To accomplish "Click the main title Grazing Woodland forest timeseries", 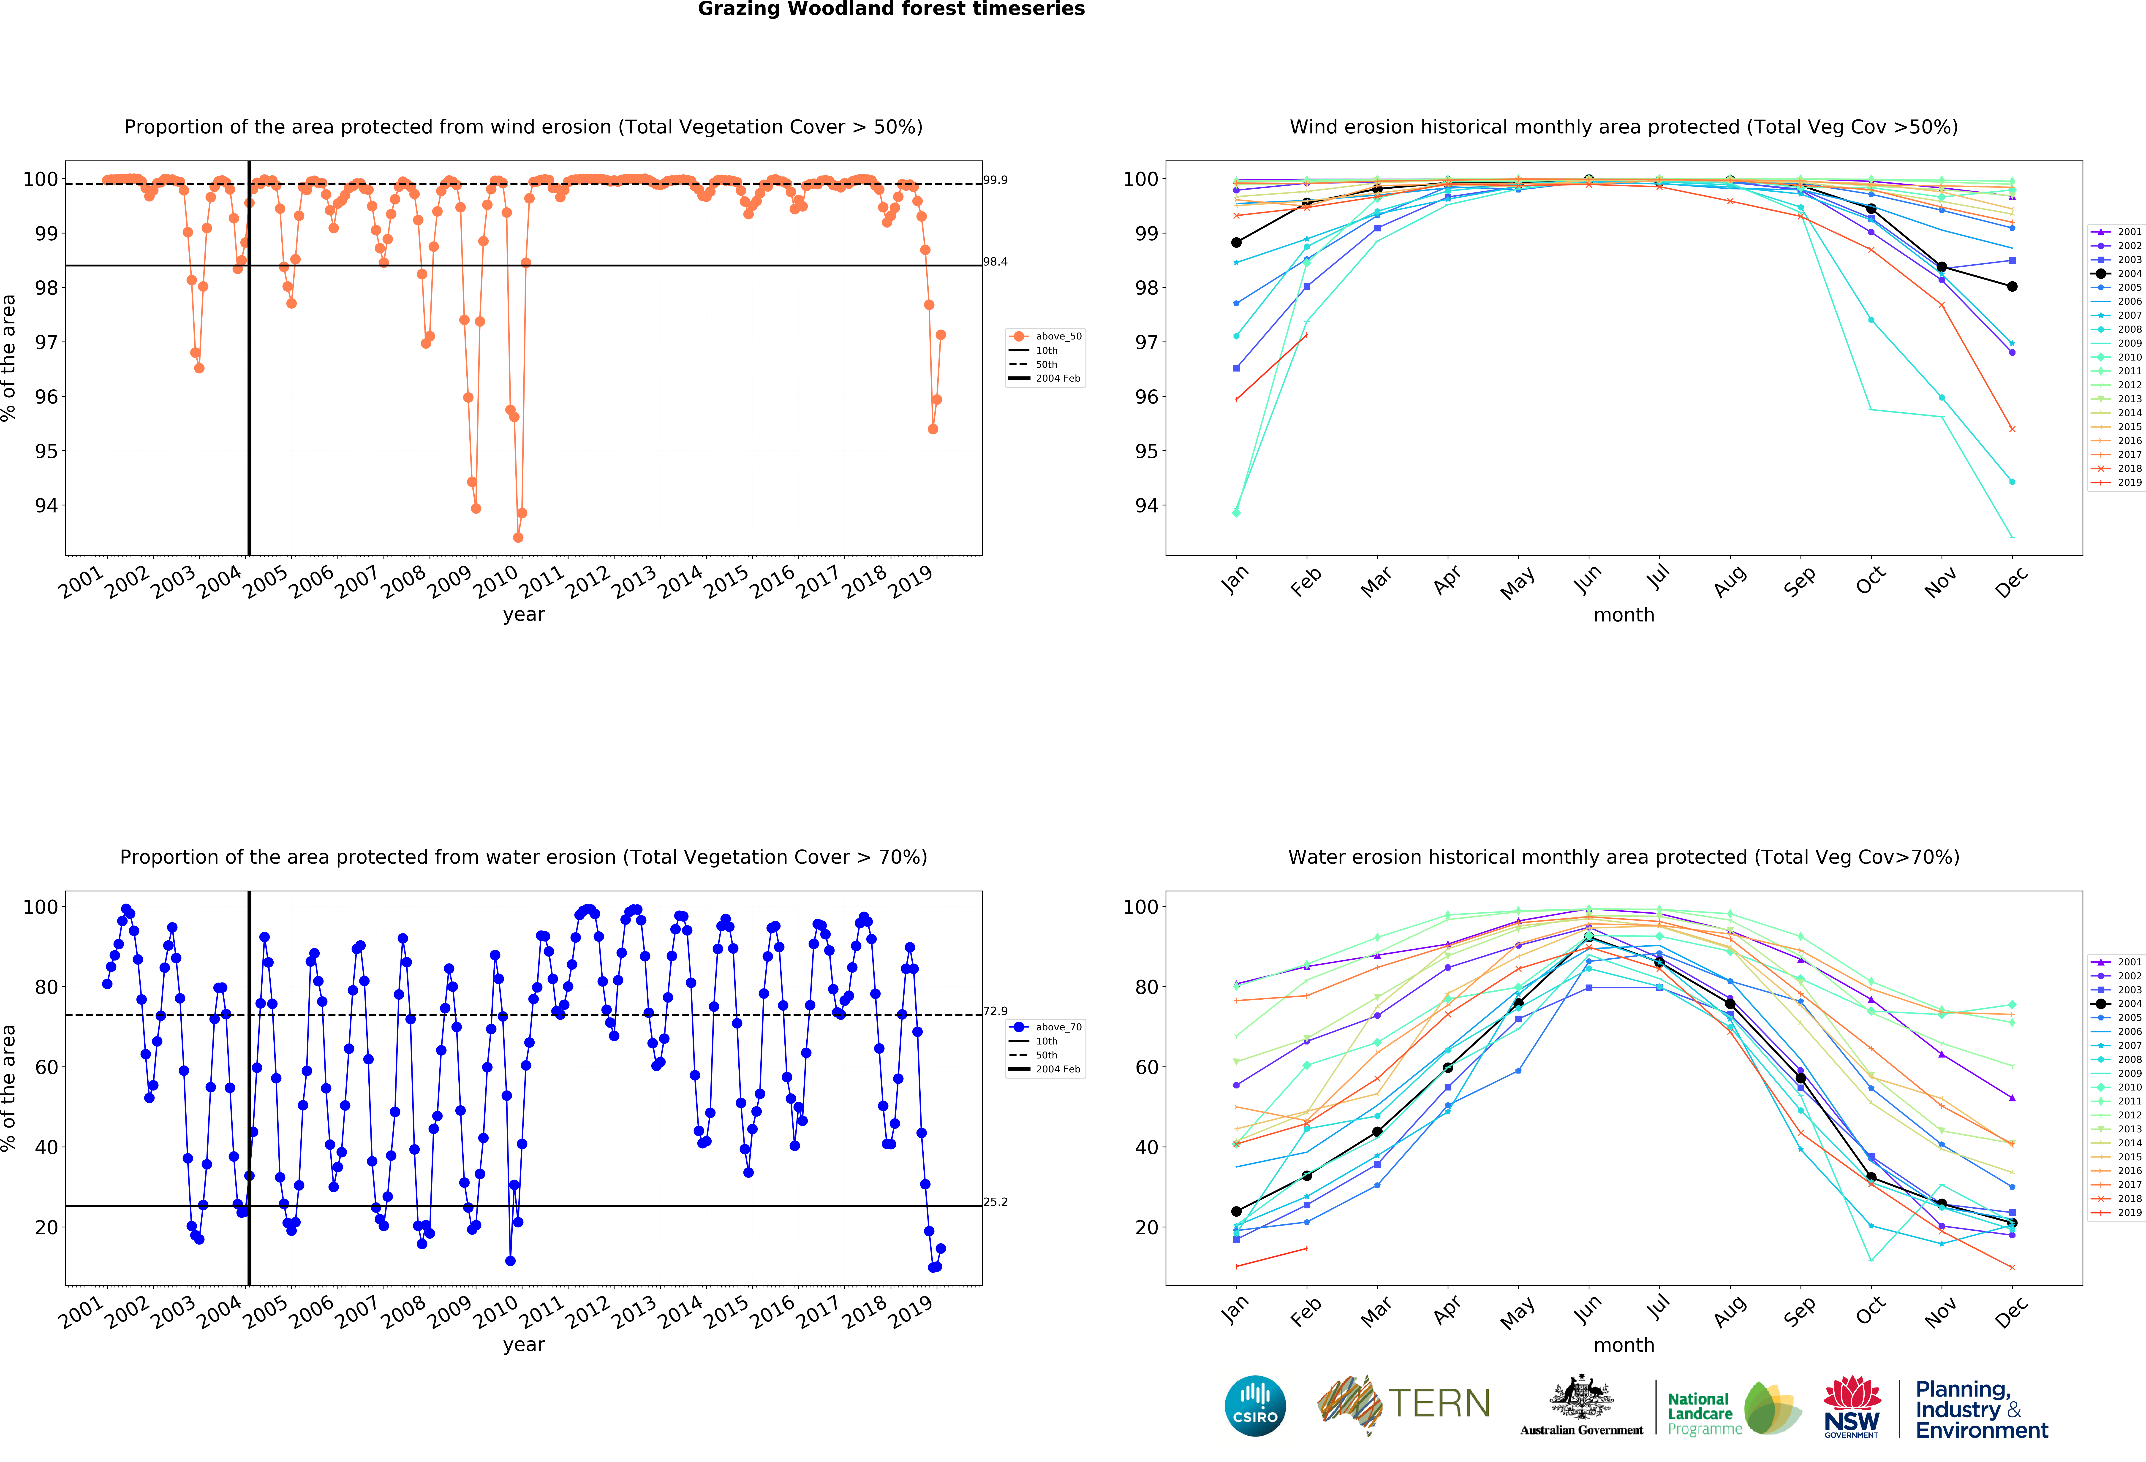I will pyautogui.click(x=891, y=9).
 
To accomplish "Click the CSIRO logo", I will pyautogui.click(x=1255, y=1406).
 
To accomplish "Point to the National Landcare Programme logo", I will pyautogui.click(x=1731, y=1408).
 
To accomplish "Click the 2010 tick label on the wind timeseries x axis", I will pyautogui.click(x=496, y=581).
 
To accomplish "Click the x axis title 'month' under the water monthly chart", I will pyautogui.click(x=1623, y=1345).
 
